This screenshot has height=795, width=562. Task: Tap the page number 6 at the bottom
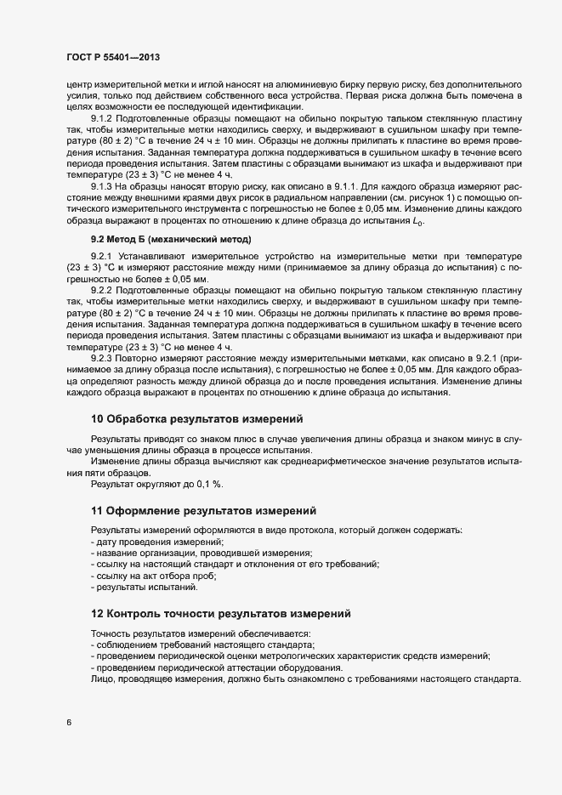pos(67,723)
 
